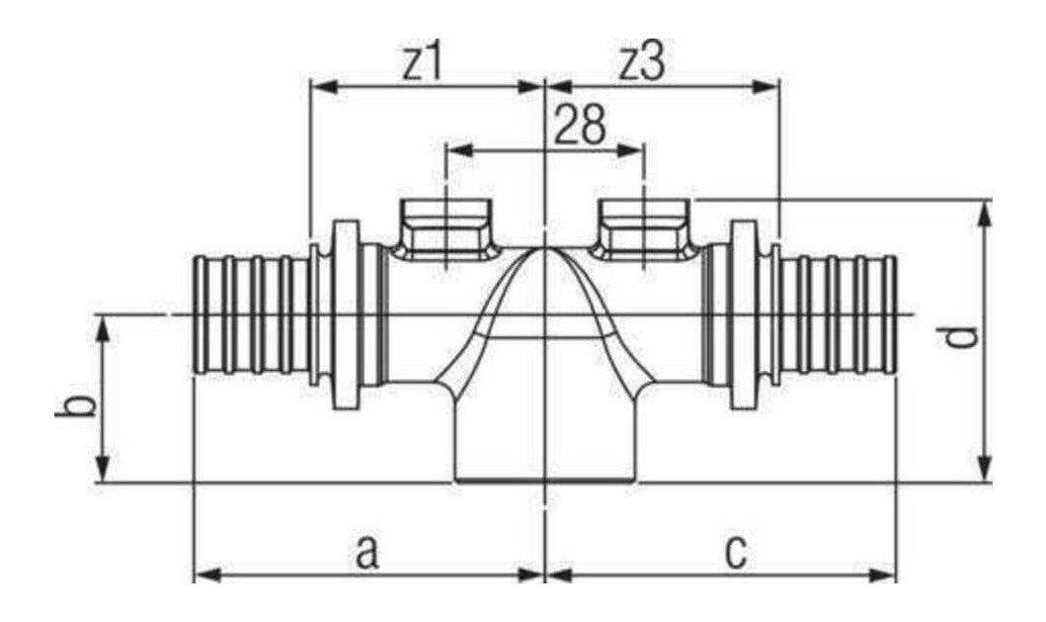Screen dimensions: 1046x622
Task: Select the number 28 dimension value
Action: pyautogui.click(x=581, y=125)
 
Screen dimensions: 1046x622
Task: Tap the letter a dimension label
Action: pyautogui.click(x=366, y=553)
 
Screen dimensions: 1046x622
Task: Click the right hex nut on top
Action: pyautogui.click(x=642, y=229)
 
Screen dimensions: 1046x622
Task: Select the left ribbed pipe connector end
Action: pyautogui.click(x=251, y=314)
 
